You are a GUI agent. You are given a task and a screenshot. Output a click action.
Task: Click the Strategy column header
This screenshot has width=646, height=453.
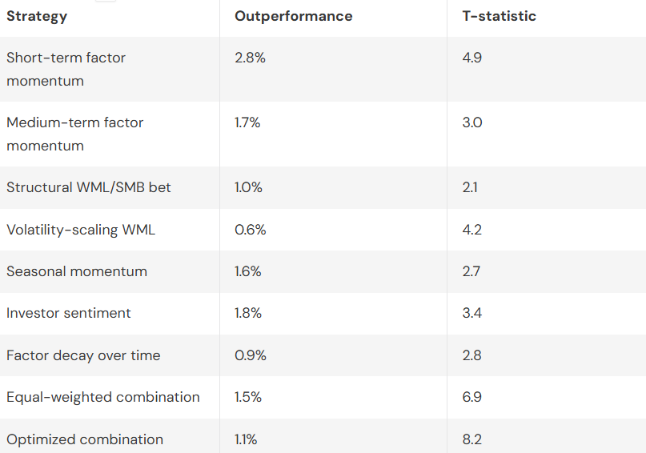pyautogui.click(x=37, y=16)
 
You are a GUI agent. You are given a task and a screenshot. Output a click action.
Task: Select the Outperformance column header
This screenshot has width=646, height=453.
pyautogui.click(x=293, y=16)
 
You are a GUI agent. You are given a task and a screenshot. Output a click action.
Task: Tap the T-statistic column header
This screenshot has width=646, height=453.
pyautogui.click(x=499, y=16)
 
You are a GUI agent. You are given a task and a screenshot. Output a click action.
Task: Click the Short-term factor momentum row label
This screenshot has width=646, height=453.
pyautogui.click(x=66, y=69)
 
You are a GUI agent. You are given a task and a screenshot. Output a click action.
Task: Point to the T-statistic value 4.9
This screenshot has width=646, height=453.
pyautogui.click(x=472, y=58)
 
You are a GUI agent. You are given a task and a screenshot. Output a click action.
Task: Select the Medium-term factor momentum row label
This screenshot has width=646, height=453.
pyautogui.click(x=74, y=134)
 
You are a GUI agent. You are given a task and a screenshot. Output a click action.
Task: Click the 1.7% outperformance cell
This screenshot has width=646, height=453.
pyautogui.click(x=247, y=122)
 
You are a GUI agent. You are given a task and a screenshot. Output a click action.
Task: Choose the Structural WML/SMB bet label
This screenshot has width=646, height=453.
pyautogui.click(x=88, y=187)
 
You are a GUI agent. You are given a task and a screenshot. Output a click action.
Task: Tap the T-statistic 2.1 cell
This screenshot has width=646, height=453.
pyautogui.click(x=471, y=187)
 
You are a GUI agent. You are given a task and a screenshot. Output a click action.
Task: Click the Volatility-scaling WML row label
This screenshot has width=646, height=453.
pyautogui.click(x=81, y=230)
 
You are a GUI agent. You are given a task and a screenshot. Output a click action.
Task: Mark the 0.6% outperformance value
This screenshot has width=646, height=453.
pyautogui.click(x=250, y=230)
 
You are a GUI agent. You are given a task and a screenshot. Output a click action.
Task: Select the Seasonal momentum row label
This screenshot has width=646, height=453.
pyautogui.click(x=77, y=271)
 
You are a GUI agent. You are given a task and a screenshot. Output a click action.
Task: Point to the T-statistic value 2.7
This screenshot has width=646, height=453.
pyautogui.click(x=471, y=271)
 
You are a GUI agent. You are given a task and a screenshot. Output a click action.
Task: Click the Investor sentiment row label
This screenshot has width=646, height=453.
pyautogui.click(x=68, y=313)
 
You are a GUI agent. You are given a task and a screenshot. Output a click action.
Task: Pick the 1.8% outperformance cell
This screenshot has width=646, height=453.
pyautogui.click(x=248, y=313)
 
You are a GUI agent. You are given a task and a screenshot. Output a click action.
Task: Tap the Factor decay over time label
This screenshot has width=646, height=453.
pyautogui.click(x=83, y=355)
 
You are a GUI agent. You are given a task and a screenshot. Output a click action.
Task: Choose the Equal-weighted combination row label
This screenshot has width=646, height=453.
pyautogui.click(x=103, y=397)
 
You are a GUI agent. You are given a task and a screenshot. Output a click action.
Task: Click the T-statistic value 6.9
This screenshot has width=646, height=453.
pyautogui.click(x=472, y=397)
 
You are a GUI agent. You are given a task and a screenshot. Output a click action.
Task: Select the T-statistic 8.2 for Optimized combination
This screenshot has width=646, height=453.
pyautogui.click(x=472, y=439)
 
